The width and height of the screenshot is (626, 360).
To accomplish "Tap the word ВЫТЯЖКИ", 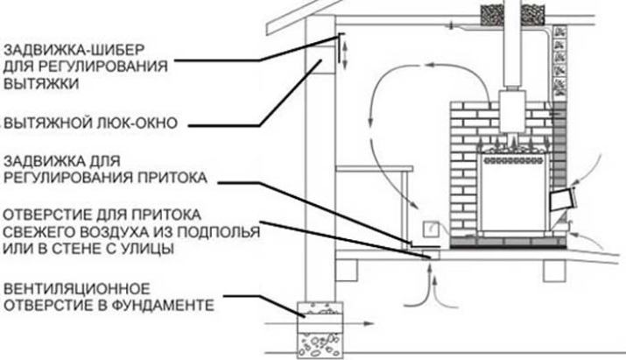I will coord(35,84).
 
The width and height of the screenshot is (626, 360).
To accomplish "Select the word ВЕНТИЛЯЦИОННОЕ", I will coord(72,288).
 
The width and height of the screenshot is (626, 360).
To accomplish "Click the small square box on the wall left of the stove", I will coord(431,229).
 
